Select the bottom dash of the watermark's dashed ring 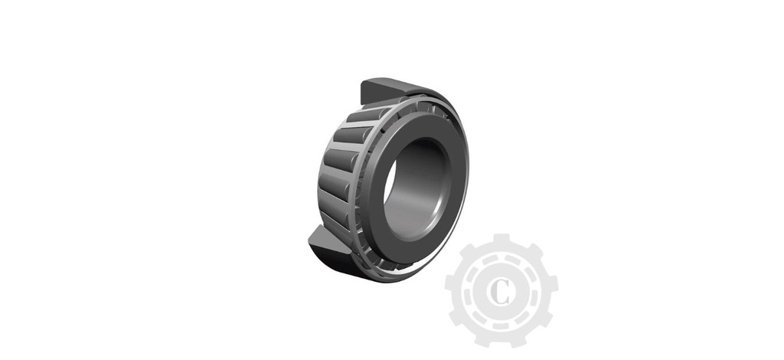tap(501, 322)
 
